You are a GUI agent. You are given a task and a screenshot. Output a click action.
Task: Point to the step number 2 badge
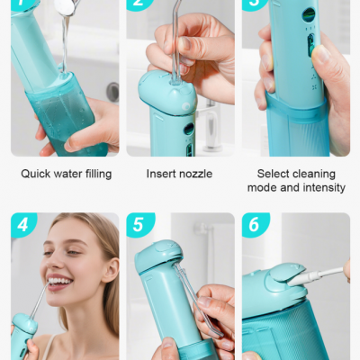137,4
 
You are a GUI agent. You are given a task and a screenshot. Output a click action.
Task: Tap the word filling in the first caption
94,174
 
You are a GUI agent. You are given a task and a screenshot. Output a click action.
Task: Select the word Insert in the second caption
161,174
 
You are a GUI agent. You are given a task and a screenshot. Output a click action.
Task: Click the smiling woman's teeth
59,282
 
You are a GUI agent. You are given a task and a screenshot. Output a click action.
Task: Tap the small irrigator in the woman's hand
23,338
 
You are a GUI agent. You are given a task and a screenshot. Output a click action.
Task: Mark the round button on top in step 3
309,15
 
